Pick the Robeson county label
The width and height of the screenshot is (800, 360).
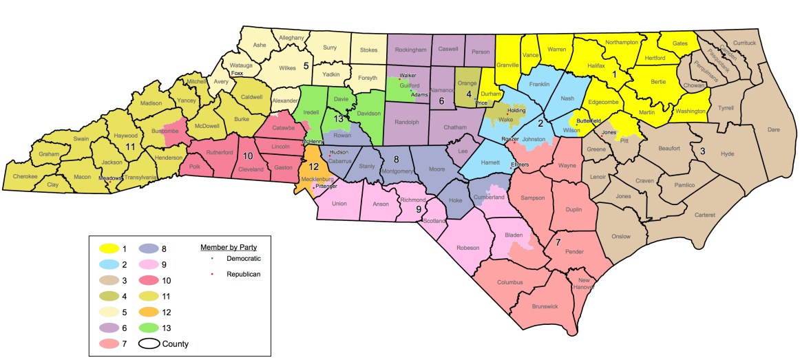[467, 247]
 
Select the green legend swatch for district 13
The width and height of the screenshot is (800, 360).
[154, 328]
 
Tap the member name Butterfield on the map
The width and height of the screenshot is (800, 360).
[591, 120]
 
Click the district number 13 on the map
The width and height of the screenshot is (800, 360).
[339, 118]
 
